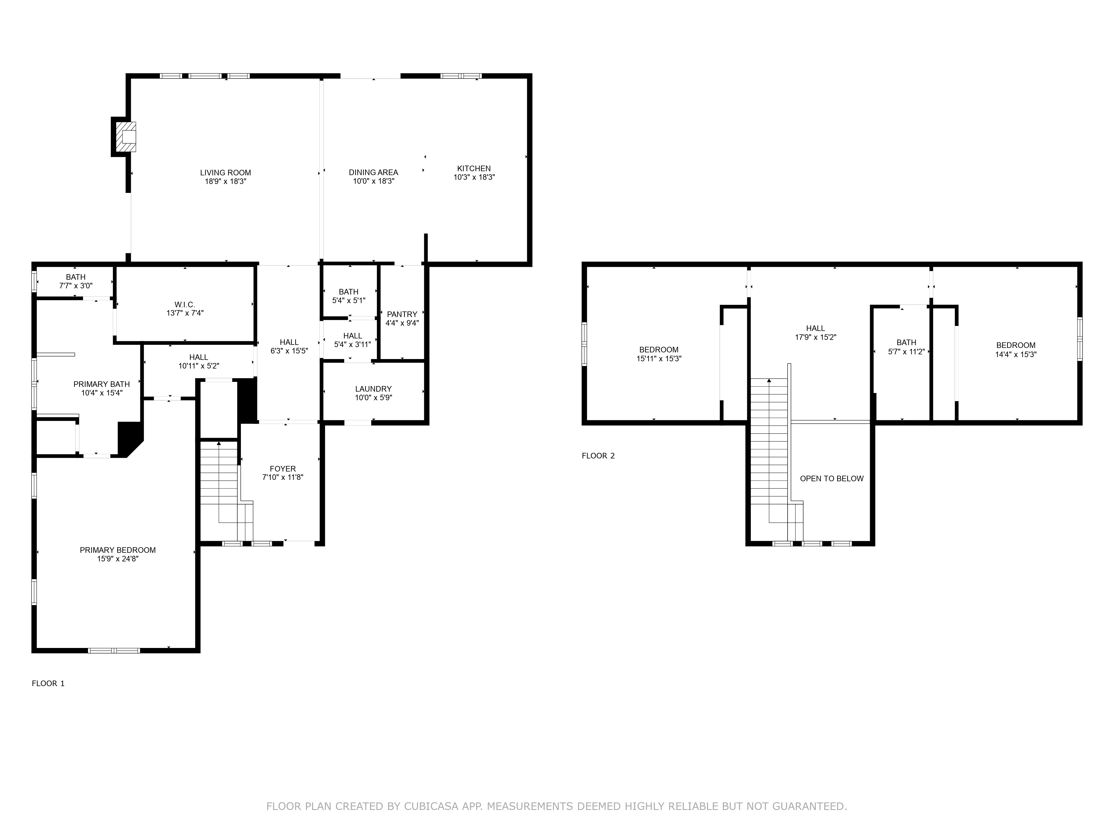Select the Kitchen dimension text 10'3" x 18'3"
[x=474, y=177]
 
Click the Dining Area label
[x=373, y=173]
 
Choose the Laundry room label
[x=373, y=389]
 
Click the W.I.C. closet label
[x=185, y=304]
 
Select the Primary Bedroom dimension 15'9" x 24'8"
[x=118, y=559]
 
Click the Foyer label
[x=282, y=469]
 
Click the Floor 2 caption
[x=598, y=456]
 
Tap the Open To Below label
[x=832, y=479]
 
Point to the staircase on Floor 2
[x=769, y=443]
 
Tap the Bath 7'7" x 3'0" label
[x=75, y=281]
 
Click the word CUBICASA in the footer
[x=431, y=806]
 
